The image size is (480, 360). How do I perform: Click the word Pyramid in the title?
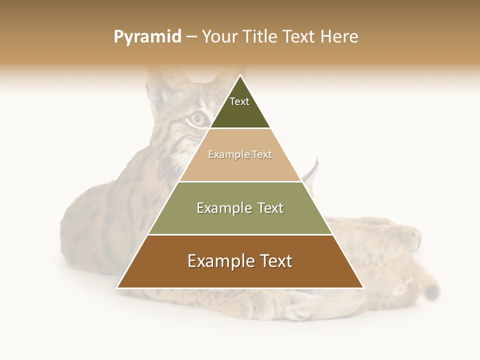pyautogui.click(x=147, y=37)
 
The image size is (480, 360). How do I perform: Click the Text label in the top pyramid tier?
pyautogui.click(x=239, y=101)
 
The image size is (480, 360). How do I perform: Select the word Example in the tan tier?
pyautogui.click(x=225, y=155)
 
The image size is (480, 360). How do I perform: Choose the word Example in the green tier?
pyautogui.click(x=220, y=208)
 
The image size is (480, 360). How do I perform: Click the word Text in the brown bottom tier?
pyautogui.click(x=274, y=261)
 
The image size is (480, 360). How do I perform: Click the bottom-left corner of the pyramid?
pyautogui.click(x=117, y=287)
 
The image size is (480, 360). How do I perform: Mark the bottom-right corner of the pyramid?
pyautogui.click(x=363, y=287)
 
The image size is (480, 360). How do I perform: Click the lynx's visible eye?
pyautogui.click(x=197, y=118)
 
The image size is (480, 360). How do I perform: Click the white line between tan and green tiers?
pyautogui.click(x=240, y=181)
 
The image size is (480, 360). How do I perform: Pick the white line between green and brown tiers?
pyautogui.click(x=240, y=234)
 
